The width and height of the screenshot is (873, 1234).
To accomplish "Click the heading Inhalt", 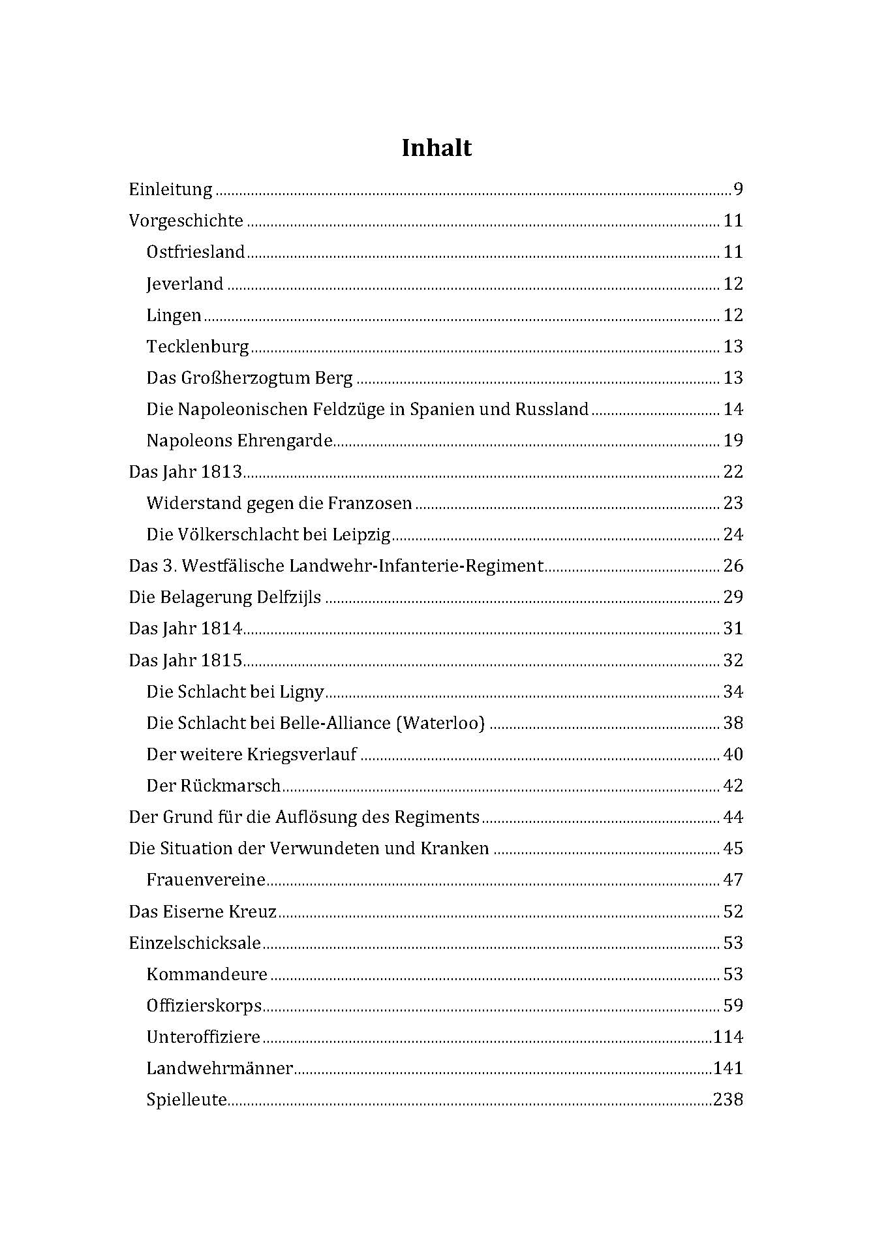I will coord(436,148).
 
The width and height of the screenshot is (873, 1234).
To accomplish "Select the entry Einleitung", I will coord(170,190).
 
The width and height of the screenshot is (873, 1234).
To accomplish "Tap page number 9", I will coord(738,190).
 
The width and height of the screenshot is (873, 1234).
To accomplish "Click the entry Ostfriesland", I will coord(196,253).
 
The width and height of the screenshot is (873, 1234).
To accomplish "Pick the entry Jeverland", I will coord(185,284).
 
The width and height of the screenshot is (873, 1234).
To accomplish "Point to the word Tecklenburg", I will coord(198,347).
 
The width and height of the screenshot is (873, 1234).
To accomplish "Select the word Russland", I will coord(552,410).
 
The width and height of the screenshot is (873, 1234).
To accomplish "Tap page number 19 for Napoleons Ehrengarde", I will coord(733,440).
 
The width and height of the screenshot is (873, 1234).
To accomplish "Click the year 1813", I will coord(221,472).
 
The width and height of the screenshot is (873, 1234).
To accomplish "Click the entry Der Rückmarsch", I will coord(213,786).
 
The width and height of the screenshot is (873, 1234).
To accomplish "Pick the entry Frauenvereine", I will coord(206,880).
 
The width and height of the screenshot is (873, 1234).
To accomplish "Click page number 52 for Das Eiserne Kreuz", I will coord(733,912).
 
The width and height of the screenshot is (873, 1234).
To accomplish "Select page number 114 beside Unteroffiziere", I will coord(729,1037).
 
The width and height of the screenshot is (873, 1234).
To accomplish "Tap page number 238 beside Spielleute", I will coord(729,1100).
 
